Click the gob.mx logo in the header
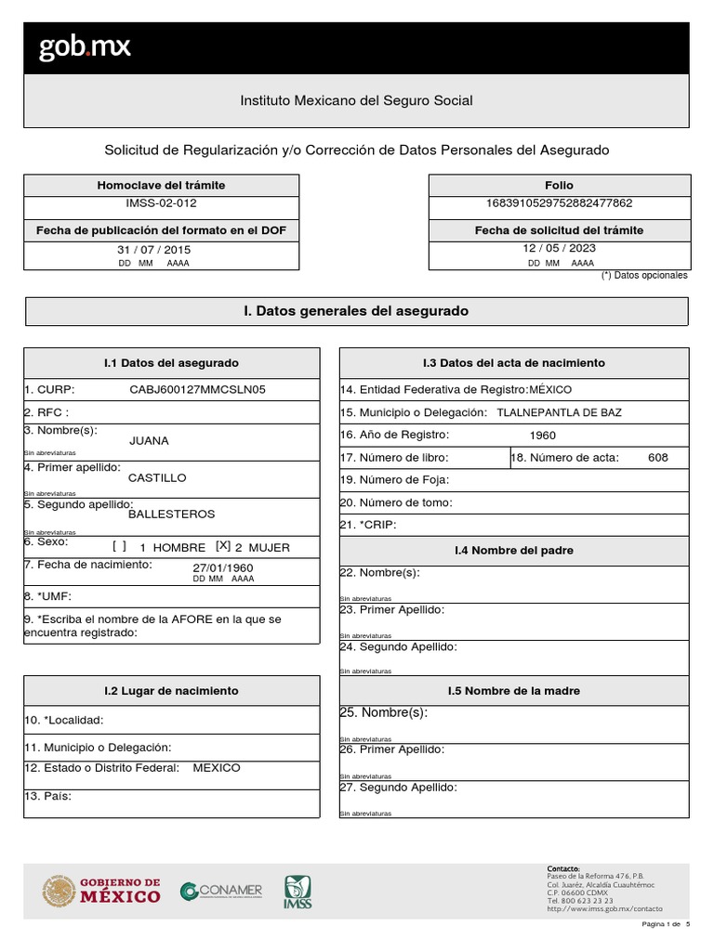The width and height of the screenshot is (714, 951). tap(85, 47)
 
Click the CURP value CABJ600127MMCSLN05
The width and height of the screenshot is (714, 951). tap(197, 389)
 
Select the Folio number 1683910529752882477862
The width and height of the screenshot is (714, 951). tap(559, 202)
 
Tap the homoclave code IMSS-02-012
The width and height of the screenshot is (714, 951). tap(161, 202)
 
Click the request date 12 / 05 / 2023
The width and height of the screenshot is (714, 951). tap(559, 248)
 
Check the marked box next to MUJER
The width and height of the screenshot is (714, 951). tap(223, 547)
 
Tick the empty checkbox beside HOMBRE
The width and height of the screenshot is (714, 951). tap(119, 547)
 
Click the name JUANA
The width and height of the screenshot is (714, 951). tap(149, 441)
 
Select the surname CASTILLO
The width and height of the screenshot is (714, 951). tap(156, 477)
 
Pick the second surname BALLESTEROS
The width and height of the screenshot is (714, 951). tap(171, 514)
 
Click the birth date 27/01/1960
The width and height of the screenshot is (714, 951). tap(223, 567)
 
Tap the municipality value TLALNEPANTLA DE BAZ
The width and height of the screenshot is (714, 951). tap(560, 412)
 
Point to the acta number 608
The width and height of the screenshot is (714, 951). tap(657, 458)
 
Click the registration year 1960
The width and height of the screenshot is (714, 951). tap(543, 436)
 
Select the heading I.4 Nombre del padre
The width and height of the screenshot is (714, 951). tap(514, 551)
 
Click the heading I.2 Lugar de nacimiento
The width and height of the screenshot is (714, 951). tap(171, 691)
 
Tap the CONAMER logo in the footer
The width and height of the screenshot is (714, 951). tap(221, 891)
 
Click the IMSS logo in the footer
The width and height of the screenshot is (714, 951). tap(297, 892)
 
